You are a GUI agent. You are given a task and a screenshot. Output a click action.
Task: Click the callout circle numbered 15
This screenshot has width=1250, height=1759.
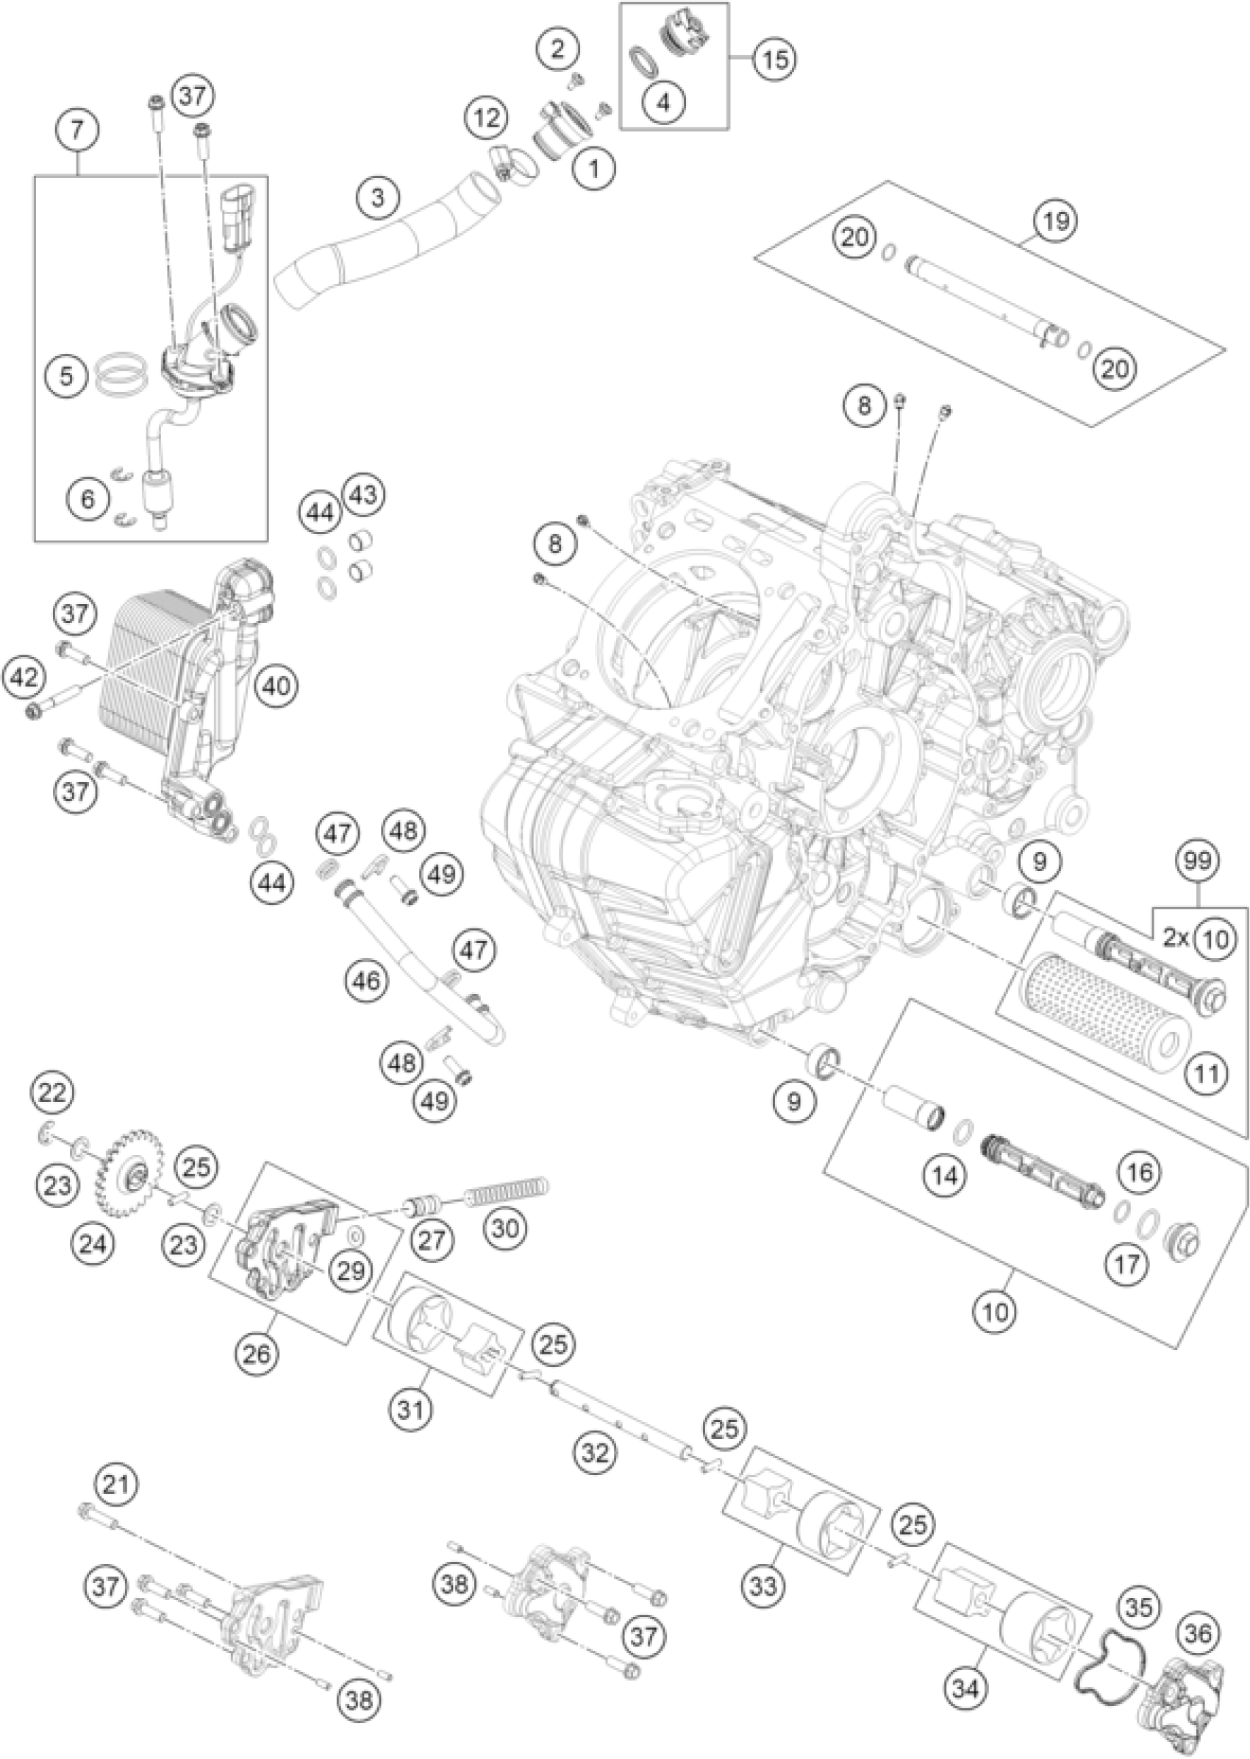pyautogui.click(x=775, y=59)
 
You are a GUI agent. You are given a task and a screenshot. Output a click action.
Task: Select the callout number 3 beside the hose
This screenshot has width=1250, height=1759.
pyautogui.click(x=377, y=198)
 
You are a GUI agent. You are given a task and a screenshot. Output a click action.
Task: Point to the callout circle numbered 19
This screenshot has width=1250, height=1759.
pyautogui.click(x=1056, y=221)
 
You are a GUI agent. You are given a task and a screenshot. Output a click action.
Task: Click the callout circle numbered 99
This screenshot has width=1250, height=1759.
pyautogui.click(x=1198, y=860)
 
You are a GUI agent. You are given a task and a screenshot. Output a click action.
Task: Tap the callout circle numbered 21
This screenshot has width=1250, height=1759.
pyautogui.click(x=115, y=1483)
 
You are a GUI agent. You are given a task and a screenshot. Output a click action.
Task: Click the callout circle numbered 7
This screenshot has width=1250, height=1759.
pyautogui.click(x=77, y=129)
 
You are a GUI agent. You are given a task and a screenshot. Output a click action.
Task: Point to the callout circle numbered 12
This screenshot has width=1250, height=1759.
pyautogui.click(x=486, y=118)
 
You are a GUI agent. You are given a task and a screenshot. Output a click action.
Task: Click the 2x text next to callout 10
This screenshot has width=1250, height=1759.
pyautogui.click(x=1174, y=938)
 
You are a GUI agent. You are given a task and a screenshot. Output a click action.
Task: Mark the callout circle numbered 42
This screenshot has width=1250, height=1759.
pyautogui.click(x=24, y=678)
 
